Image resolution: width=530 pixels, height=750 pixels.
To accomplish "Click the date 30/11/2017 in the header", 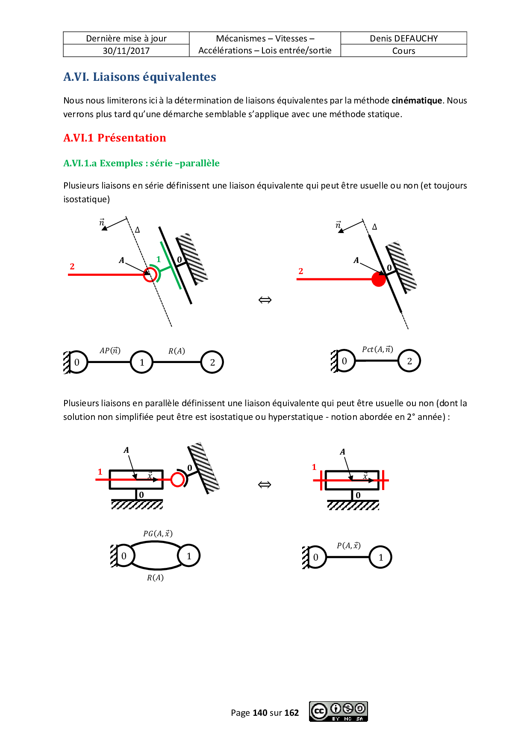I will [126, 51].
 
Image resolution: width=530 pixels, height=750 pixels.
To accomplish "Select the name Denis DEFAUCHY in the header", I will [403, 38].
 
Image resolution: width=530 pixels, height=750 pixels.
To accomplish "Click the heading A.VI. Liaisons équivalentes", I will [140, 77].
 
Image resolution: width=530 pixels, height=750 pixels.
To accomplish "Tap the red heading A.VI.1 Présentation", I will [115, 138].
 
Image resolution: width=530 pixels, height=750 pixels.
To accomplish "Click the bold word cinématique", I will [417, 100].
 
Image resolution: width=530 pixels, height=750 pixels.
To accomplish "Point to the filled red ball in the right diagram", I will [379, 279].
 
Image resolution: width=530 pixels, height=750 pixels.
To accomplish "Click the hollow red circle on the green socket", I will [150, 275].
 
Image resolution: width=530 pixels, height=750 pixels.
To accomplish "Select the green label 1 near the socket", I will [159, 259].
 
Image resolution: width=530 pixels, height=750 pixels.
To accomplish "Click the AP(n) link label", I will [110, 351].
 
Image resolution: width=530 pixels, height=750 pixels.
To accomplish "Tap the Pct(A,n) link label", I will [377, 349].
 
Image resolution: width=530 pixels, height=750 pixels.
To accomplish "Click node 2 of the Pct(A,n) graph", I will [409, 361].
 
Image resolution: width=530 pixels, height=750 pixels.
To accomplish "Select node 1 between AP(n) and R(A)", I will [142, 363].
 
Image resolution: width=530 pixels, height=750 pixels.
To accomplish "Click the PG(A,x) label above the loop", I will [158, 534].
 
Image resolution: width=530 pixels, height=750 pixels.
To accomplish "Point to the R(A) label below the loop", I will [155, 578].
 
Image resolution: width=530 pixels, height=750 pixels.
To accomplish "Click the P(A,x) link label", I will [349, 546].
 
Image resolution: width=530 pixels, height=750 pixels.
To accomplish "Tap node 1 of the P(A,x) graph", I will [381, 558].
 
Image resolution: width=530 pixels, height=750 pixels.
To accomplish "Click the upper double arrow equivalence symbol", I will [265, 300].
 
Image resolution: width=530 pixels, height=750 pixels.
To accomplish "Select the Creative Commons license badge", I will [339, 712].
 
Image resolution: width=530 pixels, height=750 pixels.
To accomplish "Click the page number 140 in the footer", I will [260, 713].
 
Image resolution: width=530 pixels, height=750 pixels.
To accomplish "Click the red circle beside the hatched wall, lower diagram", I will [177, 480].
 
